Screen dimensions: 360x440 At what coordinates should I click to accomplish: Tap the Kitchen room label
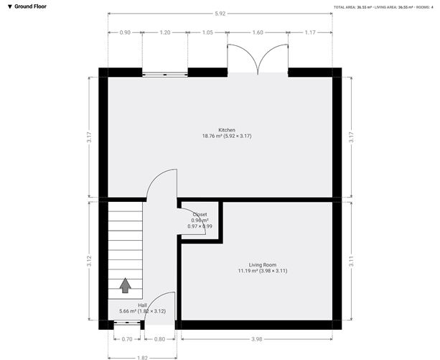point(227,130)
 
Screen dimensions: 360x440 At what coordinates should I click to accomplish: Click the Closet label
point(200,215)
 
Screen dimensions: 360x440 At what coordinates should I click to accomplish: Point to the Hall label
point(143,305)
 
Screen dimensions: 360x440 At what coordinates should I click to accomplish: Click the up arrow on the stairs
point(125,285)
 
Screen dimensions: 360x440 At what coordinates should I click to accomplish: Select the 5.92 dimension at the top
point(220,14)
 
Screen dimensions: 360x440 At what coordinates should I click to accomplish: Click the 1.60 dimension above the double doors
point(258,32)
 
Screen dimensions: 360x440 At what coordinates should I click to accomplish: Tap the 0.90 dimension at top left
point(125,32)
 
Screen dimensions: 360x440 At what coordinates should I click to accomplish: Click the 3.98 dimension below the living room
point(257,338)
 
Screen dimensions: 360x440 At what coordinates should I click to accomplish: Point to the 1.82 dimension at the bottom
point(143,357)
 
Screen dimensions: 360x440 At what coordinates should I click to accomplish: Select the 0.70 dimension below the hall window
point(127,338)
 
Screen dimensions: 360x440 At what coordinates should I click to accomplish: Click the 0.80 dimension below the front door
point(159,338)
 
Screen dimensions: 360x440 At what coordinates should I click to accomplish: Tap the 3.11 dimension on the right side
point(351,262)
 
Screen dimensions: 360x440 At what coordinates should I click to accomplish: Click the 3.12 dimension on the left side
point(89,262)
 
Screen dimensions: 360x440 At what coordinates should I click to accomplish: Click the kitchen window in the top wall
point(165,73)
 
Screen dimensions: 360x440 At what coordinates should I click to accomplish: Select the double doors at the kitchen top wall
point(258,61)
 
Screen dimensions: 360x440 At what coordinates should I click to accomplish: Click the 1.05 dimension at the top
point(207,32)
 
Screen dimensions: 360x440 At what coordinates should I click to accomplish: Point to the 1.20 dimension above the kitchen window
point(165,32)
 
